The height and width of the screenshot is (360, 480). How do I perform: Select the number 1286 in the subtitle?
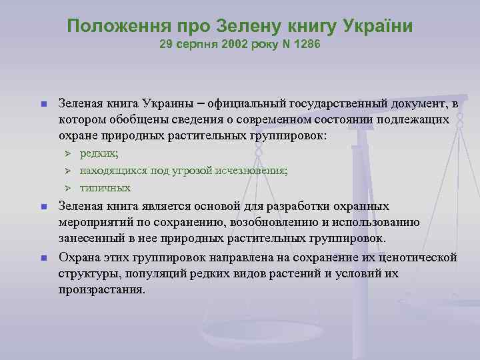[x=307, y=46]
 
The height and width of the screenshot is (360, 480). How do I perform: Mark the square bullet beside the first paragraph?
[x=41, y=104]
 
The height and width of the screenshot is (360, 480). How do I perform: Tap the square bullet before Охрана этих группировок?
[x=41, y=257]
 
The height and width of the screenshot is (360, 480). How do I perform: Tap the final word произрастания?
[x=101, y=290]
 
